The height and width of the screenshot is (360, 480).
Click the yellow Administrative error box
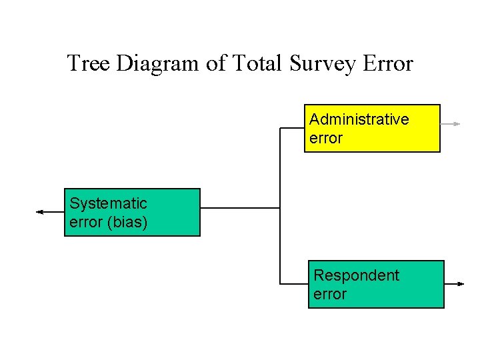tap(372, 128)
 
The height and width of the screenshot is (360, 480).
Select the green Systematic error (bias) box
tap(132, 213)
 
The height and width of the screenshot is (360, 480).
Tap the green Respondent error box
tap(376, 284)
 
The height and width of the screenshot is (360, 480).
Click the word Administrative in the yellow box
tap(359, 119)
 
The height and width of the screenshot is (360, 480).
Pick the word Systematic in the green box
tap(108, 203)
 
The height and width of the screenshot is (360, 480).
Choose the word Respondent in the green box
tap(356, 275)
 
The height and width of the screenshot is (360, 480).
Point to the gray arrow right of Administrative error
tap(451, 124)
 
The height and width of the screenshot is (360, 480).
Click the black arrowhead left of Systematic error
tap(40, 212)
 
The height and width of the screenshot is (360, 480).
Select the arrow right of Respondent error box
tap(454, 284)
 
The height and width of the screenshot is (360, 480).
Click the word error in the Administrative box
tap(325, 139)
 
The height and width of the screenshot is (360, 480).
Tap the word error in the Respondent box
tap(329, 295)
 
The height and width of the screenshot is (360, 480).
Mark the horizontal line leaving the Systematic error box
tap(240, 208)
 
